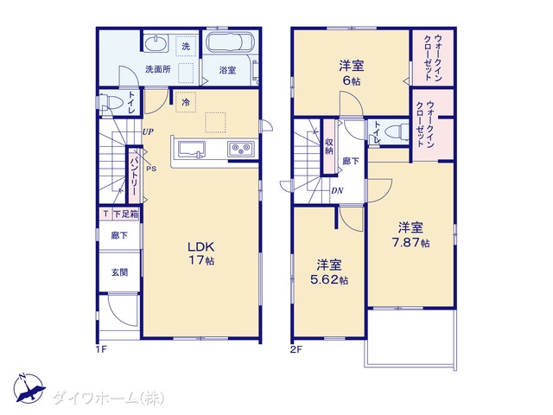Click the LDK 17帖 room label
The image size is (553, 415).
tap(201, 253)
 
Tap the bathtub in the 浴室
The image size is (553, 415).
tap(229, 42)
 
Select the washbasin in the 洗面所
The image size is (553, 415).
tap(156, 44)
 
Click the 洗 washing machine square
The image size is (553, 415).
tap(186, 46)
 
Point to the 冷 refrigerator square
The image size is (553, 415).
tap(186, 102)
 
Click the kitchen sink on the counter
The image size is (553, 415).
tap(192, 149)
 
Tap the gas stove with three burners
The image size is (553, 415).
tap(241, 149)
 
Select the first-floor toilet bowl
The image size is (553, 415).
tap(111, 103)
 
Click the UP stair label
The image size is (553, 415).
tap(148, 132)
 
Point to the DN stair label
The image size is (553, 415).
tap(337, 190)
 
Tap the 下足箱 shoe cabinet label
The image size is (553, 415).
tap(125, 214)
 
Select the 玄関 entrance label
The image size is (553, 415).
tap(119, 272)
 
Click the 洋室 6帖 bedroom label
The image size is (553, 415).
tap(352, 73)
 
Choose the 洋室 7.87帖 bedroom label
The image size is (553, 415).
tap(411, 234)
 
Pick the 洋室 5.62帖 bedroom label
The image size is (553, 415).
tap(329, 271)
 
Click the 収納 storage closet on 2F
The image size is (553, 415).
tap(329, 146)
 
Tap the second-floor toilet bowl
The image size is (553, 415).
tap(397, 132)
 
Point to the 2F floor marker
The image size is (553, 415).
tap(296, 349)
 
